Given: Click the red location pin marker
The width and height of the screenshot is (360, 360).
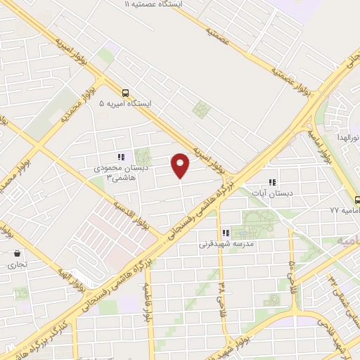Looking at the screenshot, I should coord(181,165).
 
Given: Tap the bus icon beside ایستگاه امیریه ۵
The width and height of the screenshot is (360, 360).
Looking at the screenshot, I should coord(126,93).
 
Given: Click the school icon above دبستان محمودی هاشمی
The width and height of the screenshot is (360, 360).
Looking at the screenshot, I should coord(120,157).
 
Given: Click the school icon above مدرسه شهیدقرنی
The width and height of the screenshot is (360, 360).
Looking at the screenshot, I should coord(226,233).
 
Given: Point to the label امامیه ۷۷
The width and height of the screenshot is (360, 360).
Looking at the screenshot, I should coord(345,210).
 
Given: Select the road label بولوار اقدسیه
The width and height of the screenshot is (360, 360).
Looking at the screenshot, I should coord(131,214).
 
